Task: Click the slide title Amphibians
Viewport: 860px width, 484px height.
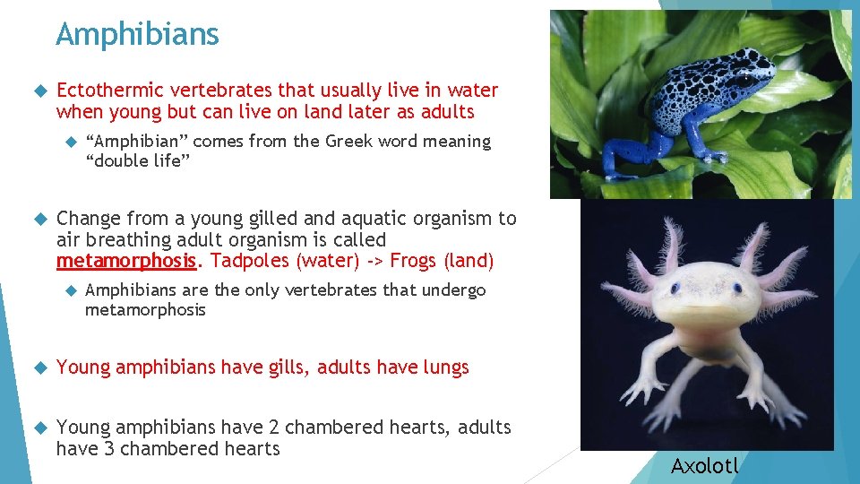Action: coord(137,35)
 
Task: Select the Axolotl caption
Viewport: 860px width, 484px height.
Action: coord(705,465)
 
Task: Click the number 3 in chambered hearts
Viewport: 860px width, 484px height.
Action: coord(107,449)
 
